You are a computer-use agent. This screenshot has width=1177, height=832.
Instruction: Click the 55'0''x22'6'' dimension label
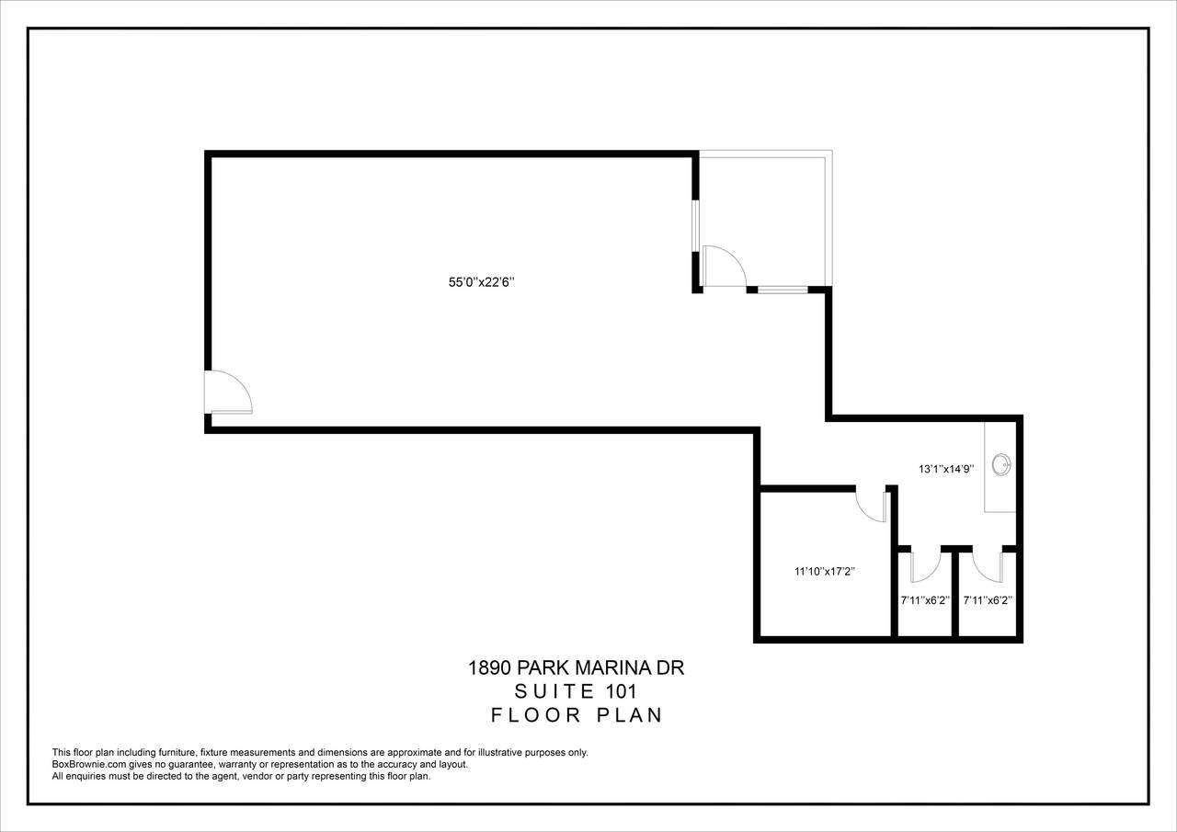(x=481, y=282)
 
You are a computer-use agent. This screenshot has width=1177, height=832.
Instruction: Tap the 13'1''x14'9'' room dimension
(x=946, y=469)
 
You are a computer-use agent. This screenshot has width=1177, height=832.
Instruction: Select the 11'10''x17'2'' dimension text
(x=825, y=572)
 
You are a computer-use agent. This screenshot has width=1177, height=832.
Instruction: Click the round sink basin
(x=1001, y=465)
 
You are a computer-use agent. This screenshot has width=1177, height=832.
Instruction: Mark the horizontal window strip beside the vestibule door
(x=783, y=290)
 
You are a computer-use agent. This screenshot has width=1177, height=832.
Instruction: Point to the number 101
(x=623, y=691)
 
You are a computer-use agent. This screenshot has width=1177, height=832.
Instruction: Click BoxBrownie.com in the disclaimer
(x=89, y=764)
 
